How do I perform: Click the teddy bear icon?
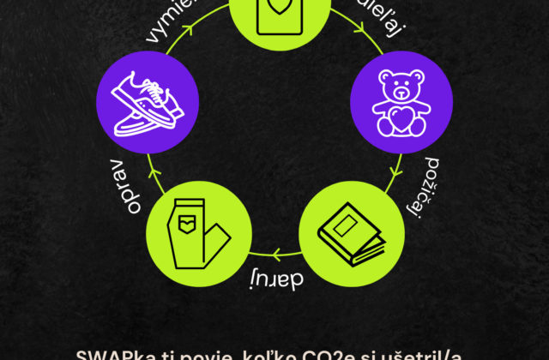tap(400, 102)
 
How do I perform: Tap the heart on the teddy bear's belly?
tap(400, 118)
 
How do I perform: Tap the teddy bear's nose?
tap(400, 92)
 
